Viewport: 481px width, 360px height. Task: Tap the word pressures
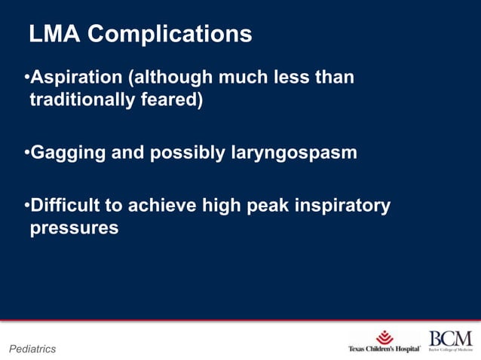click(x=74, y=228)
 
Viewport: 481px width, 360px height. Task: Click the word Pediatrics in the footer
click(x=32, y=349)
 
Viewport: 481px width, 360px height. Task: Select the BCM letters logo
click(x=450, y=338)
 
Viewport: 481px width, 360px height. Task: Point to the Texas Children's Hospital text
click(x=384, y=349)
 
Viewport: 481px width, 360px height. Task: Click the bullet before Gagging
click(x=26, y=154)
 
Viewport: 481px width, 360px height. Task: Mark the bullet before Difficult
click(x=26, y=206)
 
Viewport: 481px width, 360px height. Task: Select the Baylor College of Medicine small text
click(x=450, y=350)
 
